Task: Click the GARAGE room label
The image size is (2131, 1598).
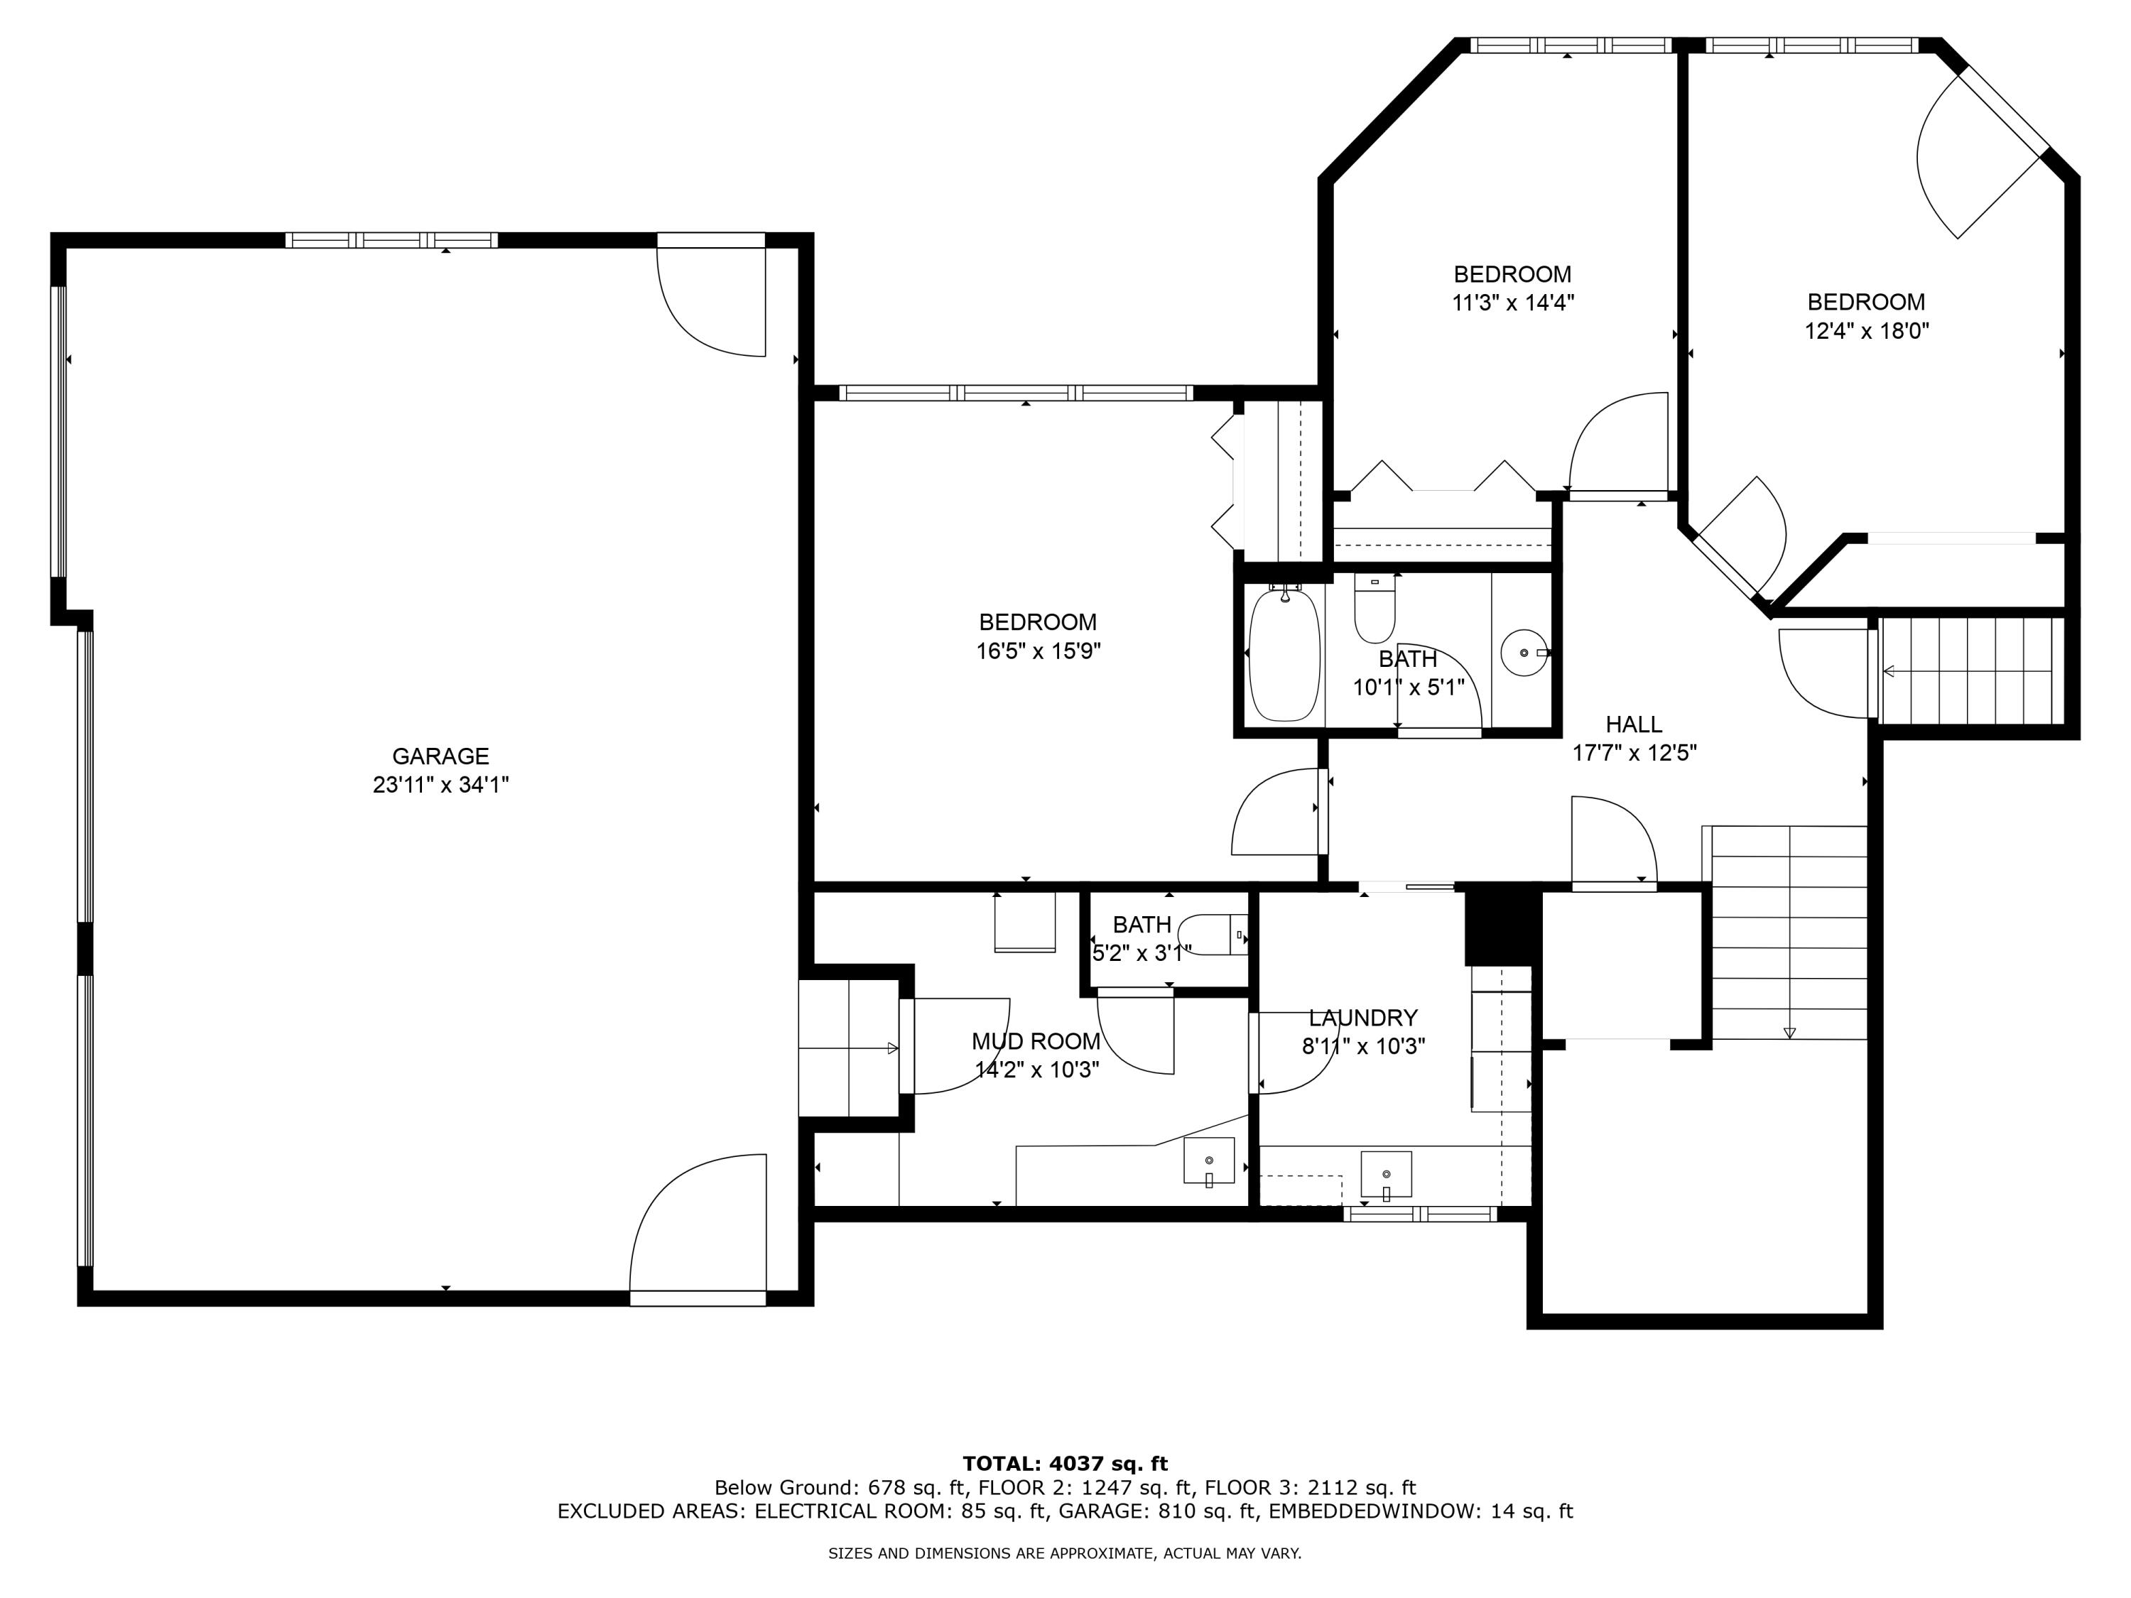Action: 440,756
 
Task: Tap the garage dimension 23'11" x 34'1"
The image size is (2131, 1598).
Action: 440,785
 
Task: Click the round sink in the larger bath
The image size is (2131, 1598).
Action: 1524,653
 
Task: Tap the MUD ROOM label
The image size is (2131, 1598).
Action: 1036,1040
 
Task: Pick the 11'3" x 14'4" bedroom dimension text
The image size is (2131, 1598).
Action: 1512,303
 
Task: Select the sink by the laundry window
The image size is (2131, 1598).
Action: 1385,1174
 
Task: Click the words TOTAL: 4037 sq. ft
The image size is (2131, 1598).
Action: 1065,1464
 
